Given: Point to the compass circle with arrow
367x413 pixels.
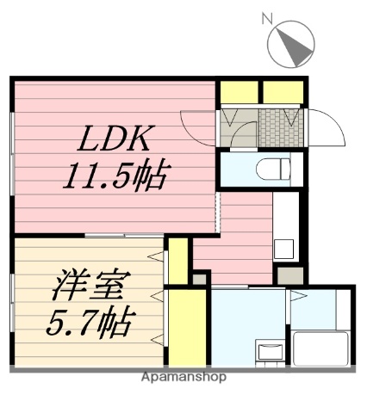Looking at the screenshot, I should [x=291, y=45].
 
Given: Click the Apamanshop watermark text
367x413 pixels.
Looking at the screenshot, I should [x=184, y=377].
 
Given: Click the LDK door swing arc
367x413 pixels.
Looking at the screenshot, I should [x=196, y=129].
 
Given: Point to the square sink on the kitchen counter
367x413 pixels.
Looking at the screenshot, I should [x=284, y=250].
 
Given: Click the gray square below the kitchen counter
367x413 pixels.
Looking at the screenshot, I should [x=289, y=276].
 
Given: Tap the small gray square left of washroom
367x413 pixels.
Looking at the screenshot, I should [x=200, y=279].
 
